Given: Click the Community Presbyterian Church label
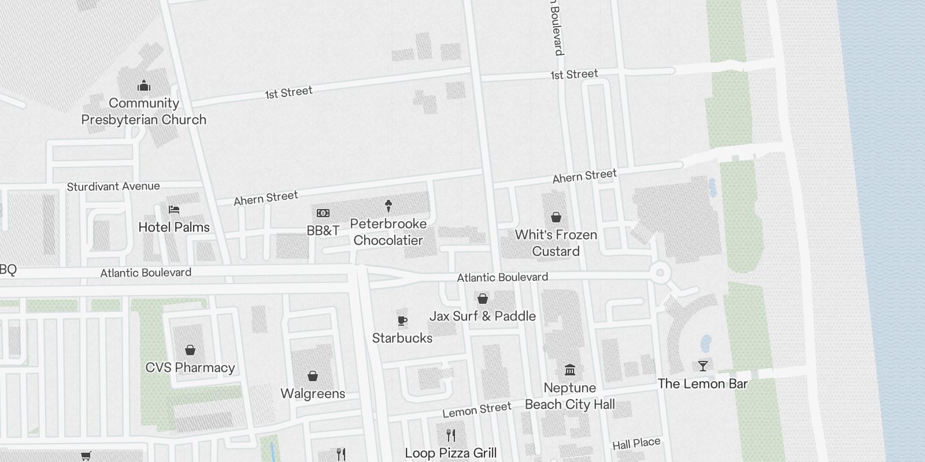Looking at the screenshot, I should click(143, 111).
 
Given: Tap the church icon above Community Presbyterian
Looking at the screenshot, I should click(144, 87).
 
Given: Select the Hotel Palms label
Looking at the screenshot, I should click(174, 228).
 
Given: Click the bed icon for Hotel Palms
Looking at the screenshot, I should click(174, 210).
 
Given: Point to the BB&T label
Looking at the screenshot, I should click(323, 231).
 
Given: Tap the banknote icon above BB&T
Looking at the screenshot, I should click(323, 213).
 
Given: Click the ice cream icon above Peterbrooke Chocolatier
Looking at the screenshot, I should click(388, 206).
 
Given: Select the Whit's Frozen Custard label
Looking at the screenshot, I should click(556, 243).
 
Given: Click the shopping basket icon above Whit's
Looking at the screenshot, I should click(556, 217).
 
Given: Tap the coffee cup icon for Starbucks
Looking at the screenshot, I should click(402, 321).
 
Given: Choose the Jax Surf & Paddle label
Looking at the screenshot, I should click(482, 316).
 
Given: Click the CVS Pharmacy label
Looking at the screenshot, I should click(190, 368).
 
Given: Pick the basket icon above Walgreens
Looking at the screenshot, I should click(313, 377).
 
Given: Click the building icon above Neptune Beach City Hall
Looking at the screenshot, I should click(569, 370).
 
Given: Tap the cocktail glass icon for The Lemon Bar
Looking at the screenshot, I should click(702, 366).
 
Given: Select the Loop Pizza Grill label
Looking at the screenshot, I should click(450, 453).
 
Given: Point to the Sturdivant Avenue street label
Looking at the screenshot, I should click(113, 187).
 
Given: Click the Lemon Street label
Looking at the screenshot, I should click(477, 410).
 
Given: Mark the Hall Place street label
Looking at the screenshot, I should click(636, 444).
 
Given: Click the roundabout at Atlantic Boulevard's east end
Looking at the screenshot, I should click(659, 273).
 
